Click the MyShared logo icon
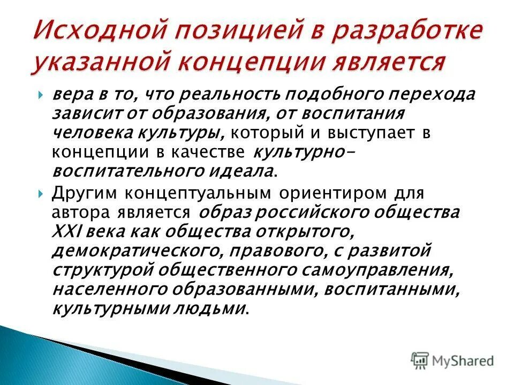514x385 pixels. [420, 360]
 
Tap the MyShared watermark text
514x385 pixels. [464, 360]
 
